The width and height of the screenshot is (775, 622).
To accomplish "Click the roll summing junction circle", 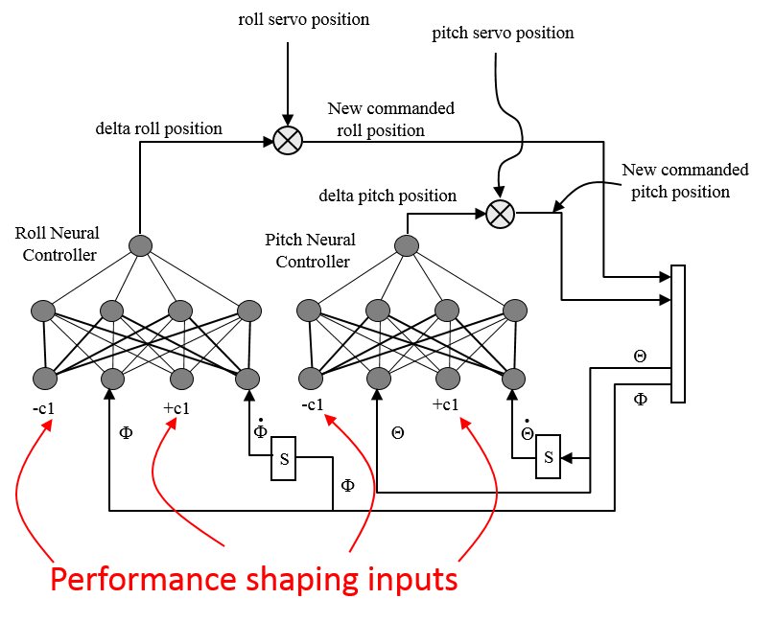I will point(288,141).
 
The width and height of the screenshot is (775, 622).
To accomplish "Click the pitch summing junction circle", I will point(499,213).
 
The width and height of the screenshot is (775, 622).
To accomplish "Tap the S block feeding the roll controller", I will point(285,459).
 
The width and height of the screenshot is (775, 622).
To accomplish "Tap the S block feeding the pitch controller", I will point(549,457).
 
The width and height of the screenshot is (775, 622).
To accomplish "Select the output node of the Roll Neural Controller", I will point(141,245).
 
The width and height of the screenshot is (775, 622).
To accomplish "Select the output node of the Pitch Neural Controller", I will point(406,245).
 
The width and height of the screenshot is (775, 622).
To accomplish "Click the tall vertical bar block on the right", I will point(679,334).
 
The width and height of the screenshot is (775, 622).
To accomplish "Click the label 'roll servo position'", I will point(303,19).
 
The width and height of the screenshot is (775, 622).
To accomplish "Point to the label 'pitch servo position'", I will point(503,33).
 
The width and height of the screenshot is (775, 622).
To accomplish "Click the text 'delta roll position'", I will point(158,128).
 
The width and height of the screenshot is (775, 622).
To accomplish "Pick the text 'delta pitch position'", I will point(387,196).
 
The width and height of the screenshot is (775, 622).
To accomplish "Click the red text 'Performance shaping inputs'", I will point(253,580).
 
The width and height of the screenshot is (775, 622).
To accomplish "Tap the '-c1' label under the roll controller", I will point(43,404).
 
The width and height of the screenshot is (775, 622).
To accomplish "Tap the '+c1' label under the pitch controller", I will point(444,404).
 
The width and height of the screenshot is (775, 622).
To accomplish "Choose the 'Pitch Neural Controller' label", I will point(310,250).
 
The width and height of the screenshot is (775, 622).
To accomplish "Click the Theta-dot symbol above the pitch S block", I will point(527,430).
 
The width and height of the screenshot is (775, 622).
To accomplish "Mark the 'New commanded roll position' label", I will point(390,119).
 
